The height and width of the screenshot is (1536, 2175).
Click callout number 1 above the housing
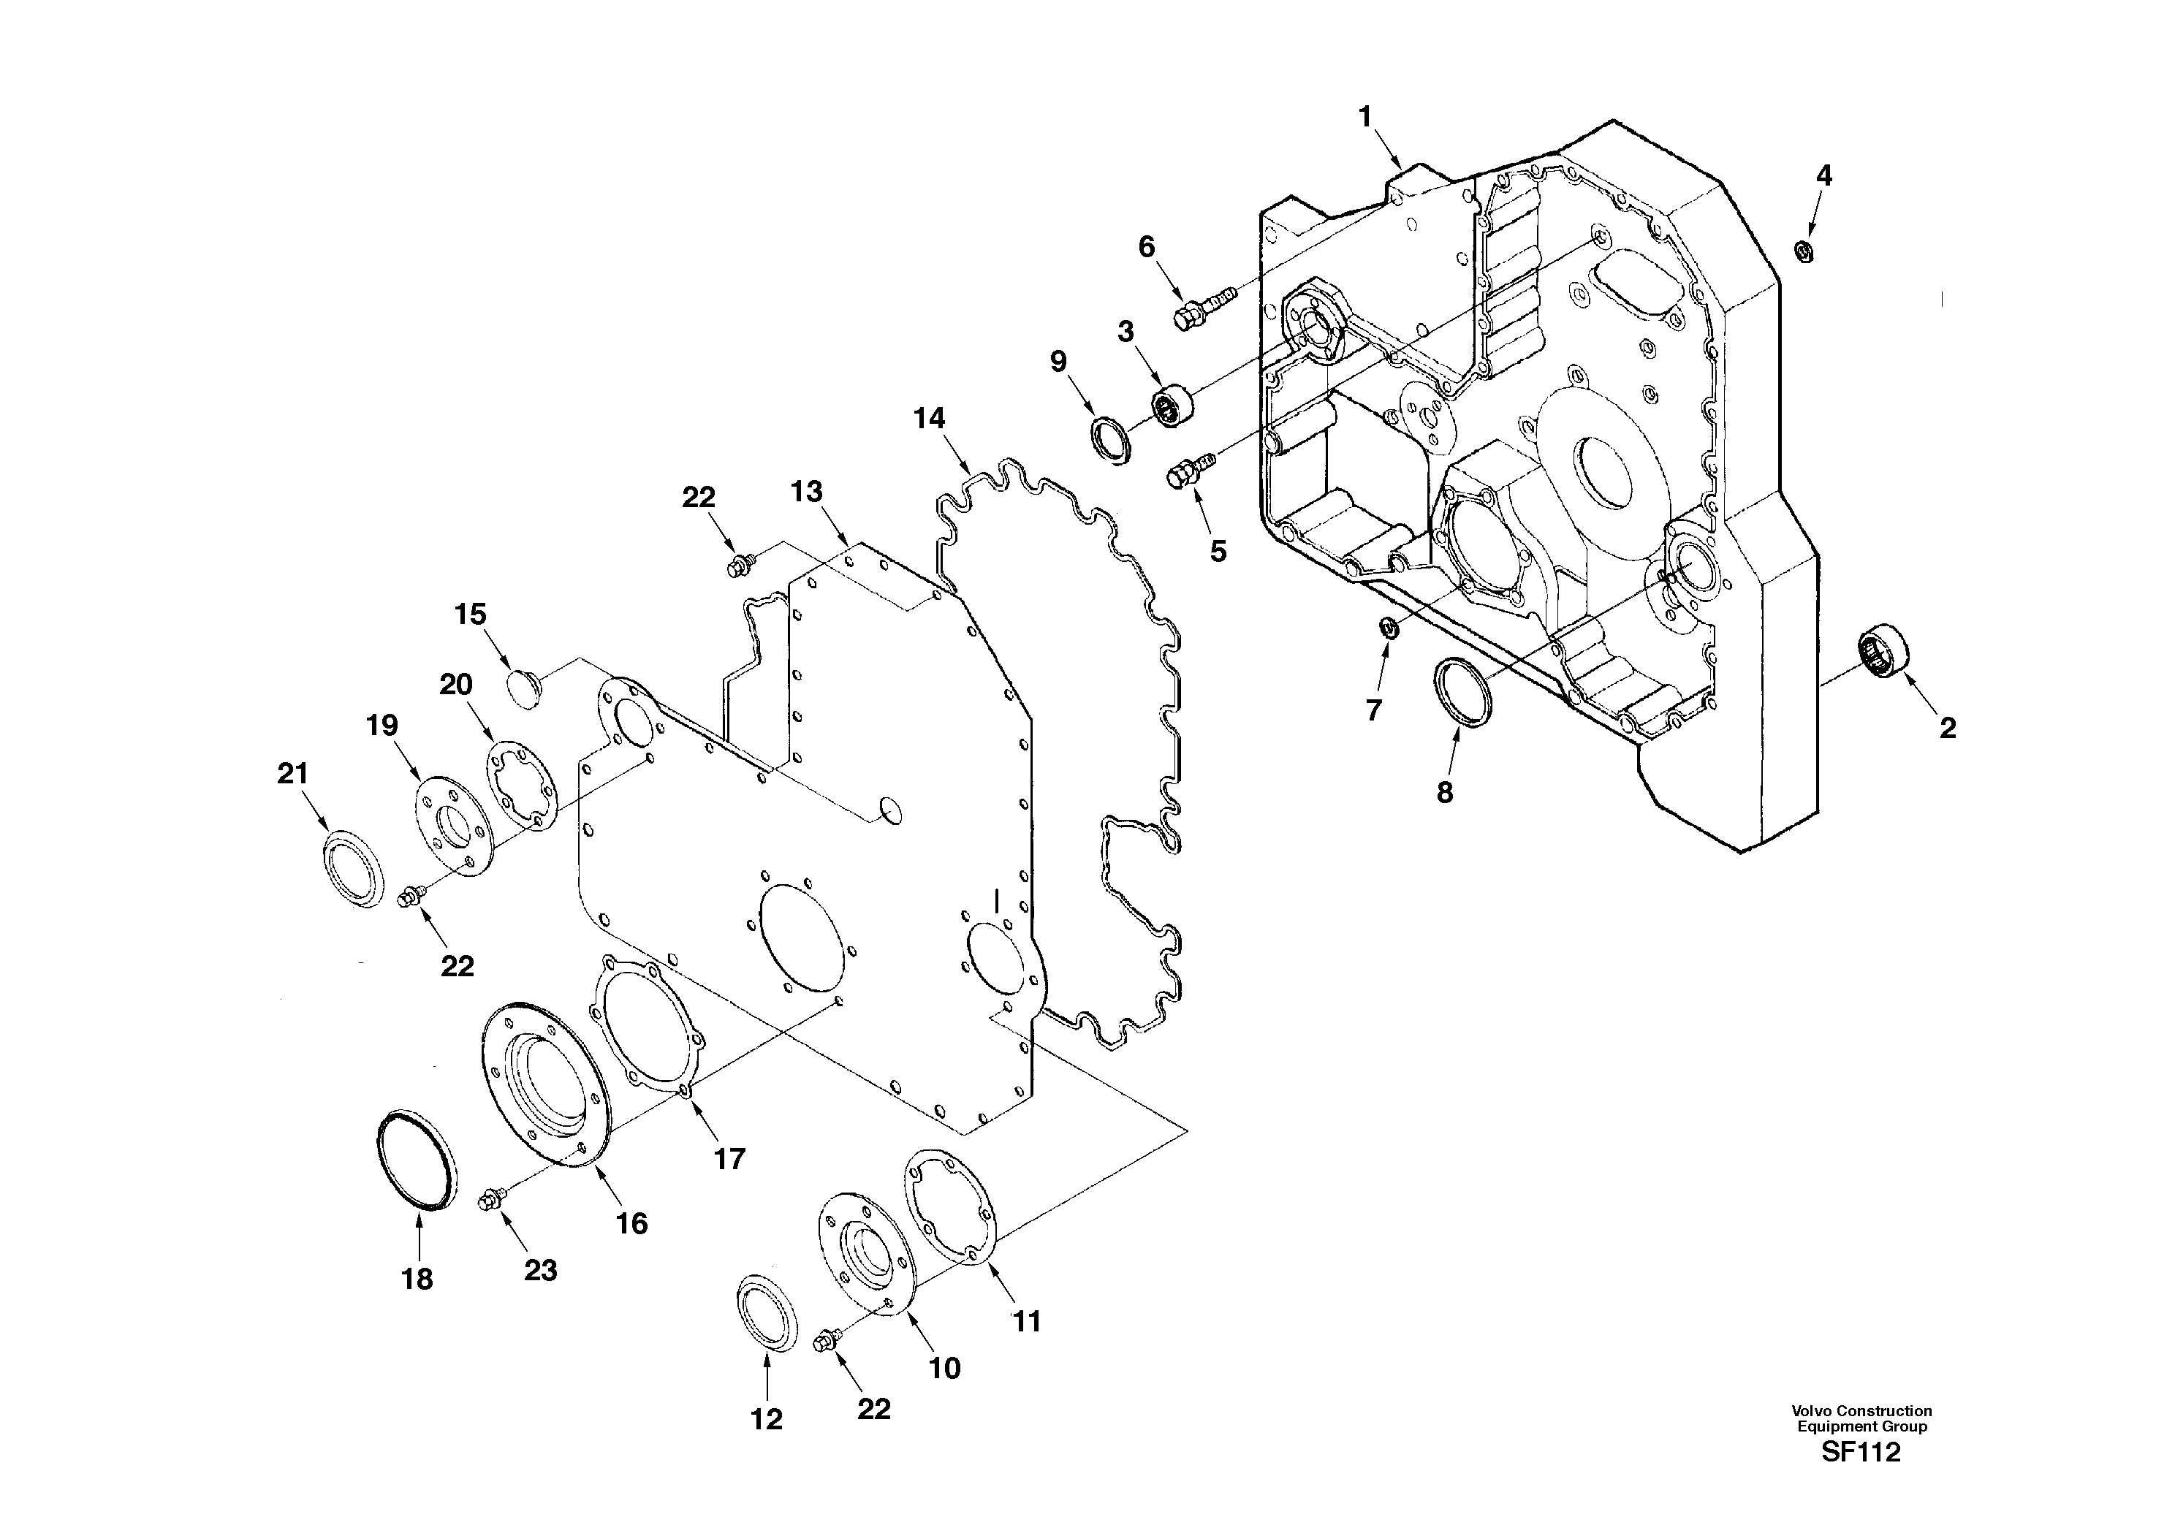point(1365,118)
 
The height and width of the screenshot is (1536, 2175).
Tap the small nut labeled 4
point(1804,252)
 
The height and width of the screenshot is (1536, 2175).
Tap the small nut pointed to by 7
point(1389,627)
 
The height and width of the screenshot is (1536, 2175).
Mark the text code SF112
point(1861,1453)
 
